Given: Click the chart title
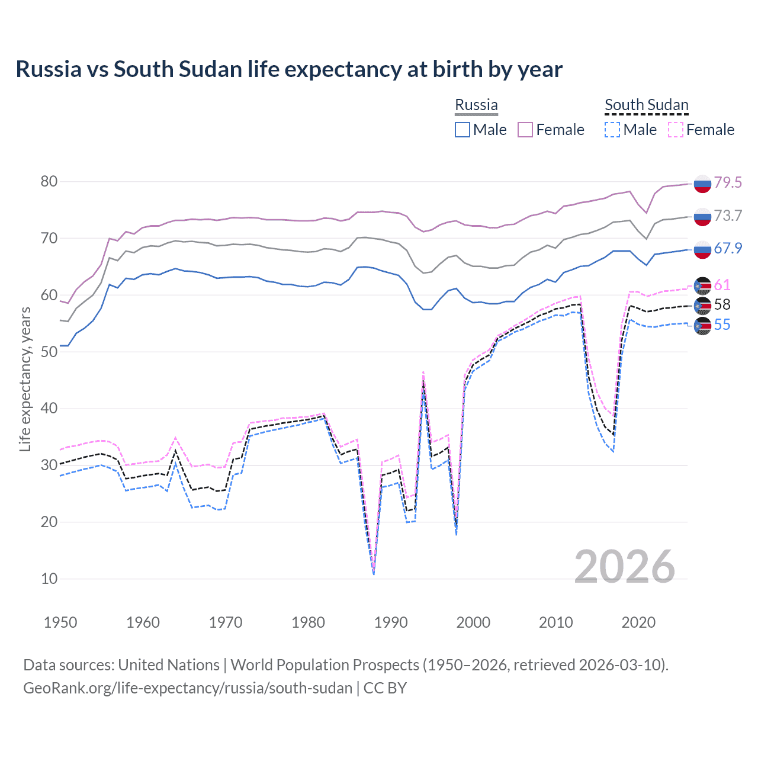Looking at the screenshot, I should click(x=289, y=69).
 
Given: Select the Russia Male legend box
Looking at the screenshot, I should click(x=462, y=130).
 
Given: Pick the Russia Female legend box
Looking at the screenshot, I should click(x=525, y=130).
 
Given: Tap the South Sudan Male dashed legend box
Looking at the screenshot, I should click(x=612, y=130).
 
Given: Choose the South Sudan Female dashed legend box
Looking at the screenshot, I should click(x=676, y=130).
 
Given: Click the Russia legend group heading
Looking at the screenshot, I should click(x=476, y=105).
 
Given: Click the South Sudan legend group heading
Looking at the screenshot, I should click(x=646, y=105).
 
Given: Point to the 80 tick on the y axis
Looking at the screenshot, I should click(x=49, y=181).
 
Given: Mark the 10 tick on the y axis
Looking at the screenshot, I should click(x=49, y=579).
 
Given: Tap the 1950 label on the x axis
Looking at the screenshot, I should click(x=60, y=622).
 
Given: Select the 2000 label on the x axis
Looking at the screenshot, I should click(x=473, y=622).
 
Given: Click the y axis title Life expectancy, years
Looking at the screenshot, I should click(x=25, y=379).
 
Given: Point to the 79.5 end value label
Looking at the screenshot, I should click(x=728, y=182).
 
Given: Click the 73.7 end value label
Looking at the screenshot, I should click(x=728, y=216).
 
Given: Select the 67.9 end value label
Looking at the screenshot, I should click(x=728, y=248).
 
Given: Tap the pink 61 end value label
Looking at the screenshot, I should click(x=722, y=285).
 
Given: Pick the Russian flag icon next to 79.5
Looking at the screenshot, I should click(x=702, y=184).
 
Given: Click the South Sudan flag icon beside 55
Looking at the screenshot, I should click(x=702, y=326).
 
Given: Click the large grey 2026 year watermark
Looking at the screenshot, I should click(x=624, y=567).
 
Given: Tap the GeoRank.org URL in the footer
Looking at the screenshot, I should click(x=188, y=688).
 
